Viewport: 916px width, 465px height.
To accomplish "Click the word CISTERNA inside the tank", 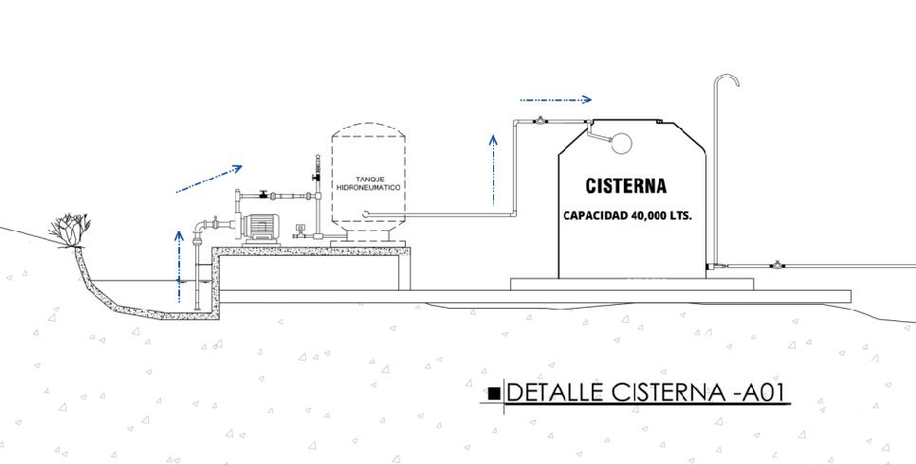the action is pyautogui.click(x=626, y=186).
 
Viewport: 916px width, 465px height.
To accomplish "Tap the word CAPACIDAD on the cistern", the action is pyautogui.click(x=594, y=215).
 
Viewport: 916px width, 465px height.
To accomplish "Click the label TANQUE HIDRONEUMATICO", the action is pyautogui.click(x=369, y=184).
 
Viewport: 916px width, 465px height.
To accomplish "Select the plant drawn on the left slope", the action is pyautogui.click(x=71, y=229).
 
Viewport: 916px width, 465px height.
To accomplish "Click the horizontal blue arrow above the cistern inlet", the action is pyautogui.click(x=556, y=98).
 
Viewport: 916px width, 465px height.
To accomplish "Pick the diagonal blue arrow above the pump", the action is pyautogui.click(x=209, y=178).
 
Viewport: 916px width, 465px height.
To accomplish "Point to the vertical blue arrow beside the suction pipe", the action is pyautogui.click(x=179, y=264).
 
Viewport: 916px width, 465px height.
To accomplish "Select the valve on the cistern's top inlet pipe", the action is pyautogui.click(x=540, y=121).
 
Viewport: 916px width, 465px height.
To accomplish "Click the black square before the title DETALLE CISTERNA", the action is pyautogui.click(x=493, y=393).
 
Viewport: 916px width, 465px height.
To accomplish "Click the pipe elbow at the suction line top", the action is pyautogui.click(x=200, y=226).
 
